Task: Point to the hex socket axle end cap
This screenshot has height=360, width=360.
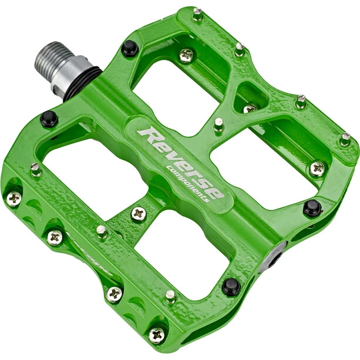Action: (x=272, y=257)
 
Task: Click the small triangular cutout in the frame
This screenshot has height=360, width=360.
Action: (x=251, y=97)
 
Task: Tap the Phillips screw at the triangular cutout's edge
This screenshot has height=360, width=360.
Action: (x=250, y=109)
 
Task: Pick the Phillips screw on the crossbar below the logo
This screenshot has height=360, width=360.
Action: (x=139, y=214)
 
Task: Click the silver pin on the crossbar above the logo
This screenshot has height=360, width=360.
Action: (x=218, y=125)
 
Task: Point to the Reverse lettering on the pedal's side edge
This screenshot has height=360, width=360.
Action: (x=89, y=253)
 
